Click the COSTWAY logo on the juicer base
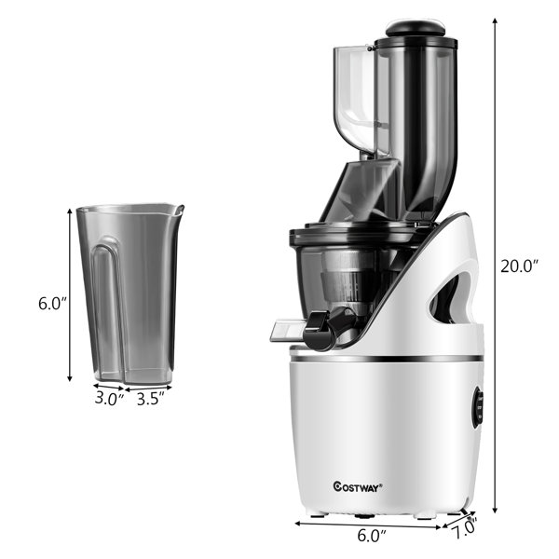point(358,486)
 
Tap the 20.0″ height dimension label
point(519,266)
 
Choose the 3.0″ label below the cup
point(110,398)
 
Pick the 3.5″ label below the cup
point(151,399)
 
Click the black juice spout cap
point(320,330)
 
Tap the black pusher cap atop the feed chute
point(416,28)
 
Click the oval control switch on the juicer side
point(478,407)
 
